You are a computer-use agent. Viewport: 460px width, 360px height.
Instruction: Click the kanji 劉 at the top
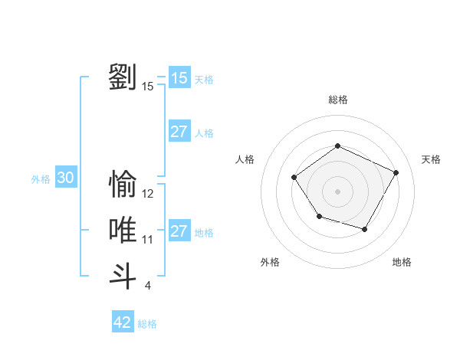pos(123,77)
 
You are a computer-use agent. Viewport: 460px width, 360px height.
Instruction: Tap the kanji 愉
pos(123,185)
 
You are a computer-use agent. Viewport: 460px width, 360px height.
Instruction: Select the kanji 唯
pos(123,231)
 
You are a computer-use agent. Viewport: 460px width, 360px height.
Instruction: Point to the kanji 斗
pos(123,276)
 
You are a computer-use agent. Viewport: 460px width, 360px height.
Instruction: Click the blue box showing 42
pos(123,322)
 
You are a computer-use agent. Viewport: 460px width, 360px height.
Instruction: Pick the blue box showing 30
pos(66,178)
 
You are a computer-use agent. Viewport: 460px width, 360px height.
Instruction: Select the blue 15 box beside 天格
pos(179,78)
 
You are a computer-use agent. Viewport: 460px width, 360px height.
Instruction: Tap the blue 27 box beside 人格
pos(179,132)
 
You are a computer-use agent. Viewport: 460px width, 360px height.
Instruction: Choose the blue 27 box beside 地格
pos(179,231)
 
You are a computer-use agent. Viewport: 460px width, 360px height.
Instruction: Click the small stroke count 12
pos(148,194)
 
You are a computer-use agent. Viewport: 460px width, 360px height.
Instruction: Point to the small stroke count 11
pos(148,240)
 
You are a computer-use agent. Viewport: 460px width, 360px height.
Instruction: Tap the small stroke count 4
pos(148,286)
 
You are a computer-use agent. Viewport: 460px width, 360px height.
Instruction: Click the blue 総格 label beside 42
pos(147,324)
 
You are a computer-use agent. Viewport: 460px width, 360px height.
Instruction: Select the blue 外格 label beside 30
pos(41,179)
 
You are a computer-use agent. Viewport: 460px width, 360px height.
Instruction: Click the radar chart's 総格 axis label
pos(337,100)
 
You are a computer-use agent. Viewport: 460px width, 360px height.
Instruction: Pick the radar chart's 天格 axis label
pos(431,159)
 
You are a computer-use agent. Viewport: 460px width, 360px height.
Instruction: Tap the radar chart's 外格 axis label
pos(270,262)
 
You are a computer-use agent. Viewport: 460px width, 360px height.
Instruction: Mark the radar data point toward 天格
pos(396,172)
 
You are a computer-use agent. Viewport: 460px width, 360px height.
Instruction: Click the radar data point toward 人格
pos(294,178)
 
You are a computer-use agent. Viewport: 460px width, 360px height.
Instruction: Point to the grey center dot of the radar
pos(337,191)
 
